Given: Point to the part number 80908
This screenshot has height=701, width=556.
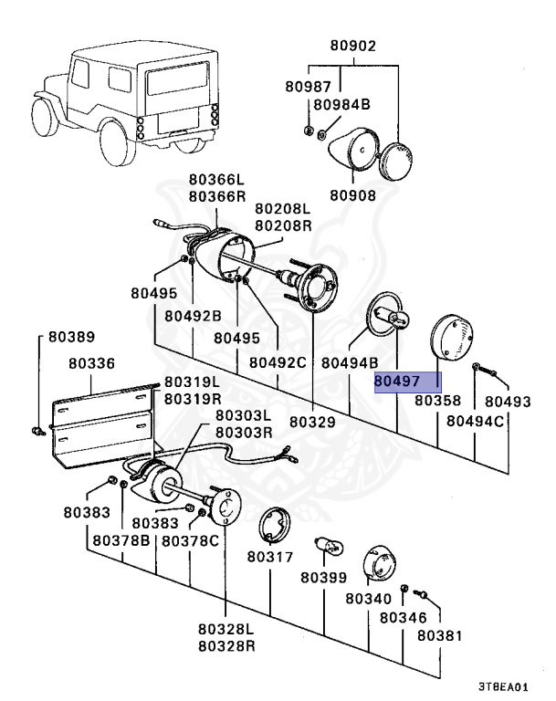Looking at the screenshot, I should click(352, 194).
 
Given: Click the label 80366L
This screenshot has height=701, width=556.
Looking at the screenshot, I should click(217, 180).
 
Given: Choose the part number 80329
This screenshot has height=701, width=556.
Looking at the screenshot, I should click(313, 423).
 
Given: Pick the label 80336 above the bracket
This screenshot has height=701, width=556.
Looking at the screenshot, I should click(92, 362).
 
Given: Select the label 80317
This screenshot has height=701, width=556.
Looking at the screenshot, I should click(269, 557).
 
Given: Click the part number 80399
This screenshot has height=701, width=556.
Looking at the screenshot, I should click(324, 577).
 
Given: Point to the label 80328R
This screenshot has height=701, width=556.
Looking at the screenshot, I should click(226, 645).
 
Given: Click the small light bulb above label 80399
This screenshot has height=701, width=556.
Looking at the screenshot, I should click(329, 547).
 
